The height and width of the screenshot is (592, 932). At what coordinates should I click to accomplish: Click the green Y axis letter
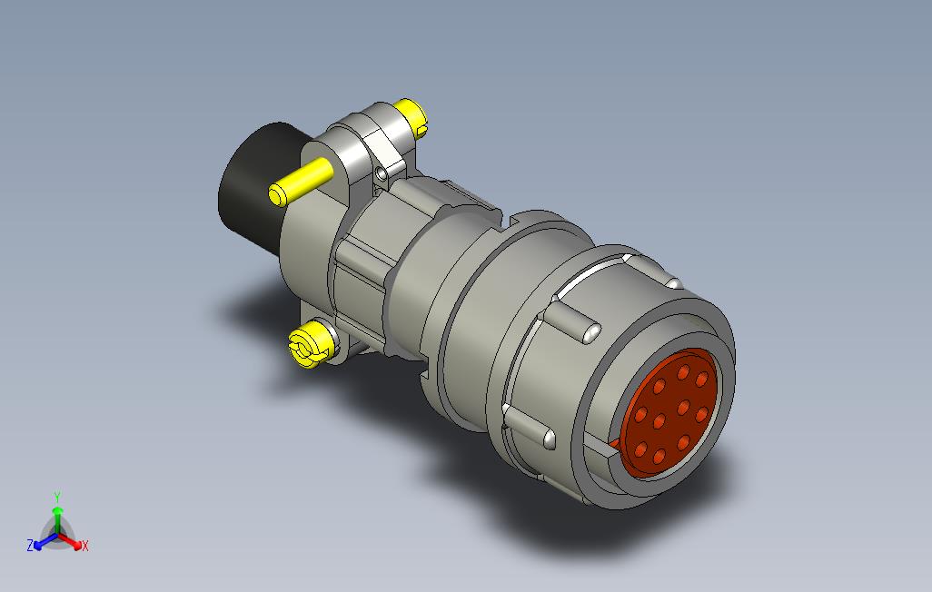click(57, 497)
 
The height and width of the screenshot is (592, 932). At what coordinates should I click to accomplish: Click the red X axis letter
click(84, 546)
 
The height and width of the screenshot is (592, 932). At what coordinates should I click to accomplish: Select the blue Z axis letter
click(30, 546)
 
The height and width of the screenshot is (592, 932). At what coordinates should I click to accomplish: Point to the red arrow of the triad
click(73, 542)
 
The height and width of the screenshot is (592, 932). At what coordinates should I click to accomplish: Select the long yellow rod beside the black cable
click(301, 181)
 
